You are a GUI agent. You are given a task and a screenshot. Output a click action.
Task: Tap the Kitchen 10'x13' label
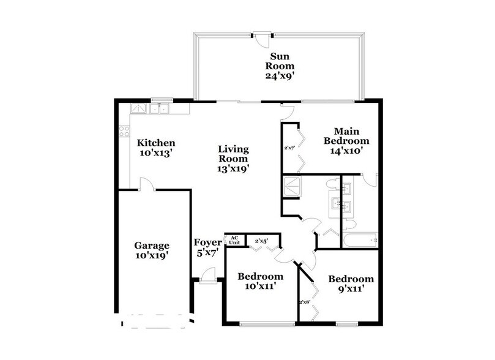tap(155, 148)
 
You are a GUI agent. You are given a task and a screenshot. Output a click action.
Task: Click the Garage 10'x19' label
tap(152, 251)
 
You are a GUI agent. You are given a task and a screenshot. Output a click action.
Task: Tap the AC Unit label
tap(234, 240)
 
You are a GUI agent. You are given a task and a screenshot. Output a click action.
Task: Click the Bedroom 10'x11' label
tap(260, 281)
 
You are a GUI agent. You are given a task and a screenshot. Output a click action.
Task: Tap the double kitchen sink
tap(161, 108)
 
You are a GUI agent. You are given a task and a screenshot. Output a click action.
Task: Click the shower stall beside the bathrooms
tap(295, 186)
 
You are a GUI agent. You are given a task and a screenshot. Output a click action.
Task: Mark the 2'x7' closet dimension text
tap(289, 148)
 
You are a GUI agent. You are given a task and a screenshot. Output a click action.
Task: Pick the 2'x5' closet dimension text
tap(261, 241)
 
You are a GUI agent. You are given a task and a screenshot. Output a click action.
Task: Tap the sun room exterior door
tap(262, 36)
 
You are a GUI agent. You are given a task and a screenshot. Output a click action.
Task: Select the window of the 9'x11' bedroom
tap(346, 323)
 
